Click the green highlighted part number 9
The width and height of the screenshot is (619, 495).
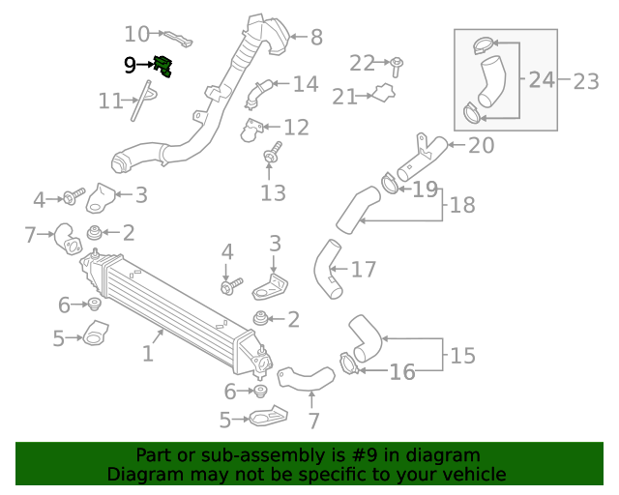pyautogui.click(x=163, y=66)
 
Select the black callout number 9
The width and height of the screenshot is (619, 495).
pyautogui.click(x=130, y=65)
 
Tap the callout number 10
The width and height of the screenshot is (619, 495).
pyautogui.click(x=136, y=35)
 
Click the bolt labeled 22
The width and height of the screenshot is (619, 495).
pyautogui.click(x=397, y=67)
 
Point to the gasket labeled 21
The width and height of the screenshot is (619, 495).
pyautogui.click(x=384, y=93)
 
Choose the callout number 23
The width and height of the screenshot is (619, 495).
pyautogui.click(x=586, y=82)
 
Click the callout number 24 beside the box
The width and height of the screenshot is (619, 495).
pyautogui.click(x=542, y=79)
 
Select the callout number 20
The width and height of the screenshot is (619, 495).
pyautogui.click(x=481, y=145)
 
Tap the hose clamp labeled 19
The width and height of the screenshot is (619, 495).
pyautogui.click(x=390, y=184)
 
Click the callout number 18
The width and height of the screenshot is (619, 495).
pyautogui.click(x=462, y=205)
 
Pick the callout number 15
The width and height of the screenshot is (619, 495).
pyautogui.click(x=462, y=355)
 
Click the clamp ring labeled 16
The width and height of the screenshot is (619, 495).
pyautogui.click(x=349, y=364)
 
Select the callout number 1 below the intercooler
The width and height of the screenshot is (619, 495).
pyautogui.click(x=148, y=353)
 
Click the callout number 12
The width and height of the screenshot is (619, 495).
pyautogui.click(x=296, y=128)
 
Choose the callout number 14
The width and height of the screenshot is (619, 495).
pyautogui.click(x=306, y=84)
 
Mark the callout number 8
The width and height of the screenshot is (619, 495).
pyautogui.click(x=316, y=38)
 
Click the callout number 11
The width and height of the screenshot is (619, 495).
pyautogui.click(x=110, y=102)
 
